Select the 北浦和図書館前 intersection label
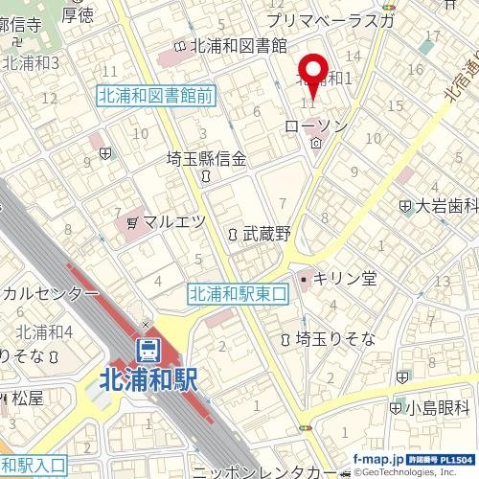(x=155, y=95)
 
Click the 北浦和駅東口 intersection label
(x=238, y=294)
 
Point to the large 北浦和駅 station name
(x=148, y=380)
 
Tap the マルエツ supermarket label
(x=173, y=221)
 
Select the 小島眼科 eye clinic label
(x=439, y=407)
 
